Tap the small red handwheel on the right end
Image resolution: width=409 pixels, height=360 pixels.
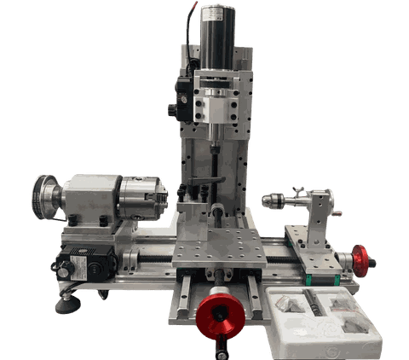coord(364,258)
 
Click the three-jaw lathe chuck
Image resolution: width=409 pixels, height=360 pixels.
coord(144,198)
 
